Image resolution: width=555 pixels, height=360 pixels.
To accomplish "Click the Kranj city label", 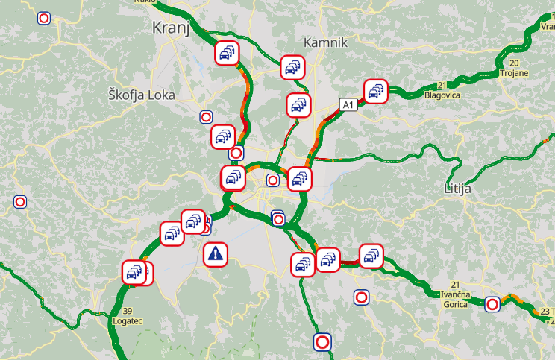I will tap(171, 28).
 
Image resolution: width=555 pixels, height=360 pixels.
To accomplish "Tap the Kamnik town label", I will tap(325, 42).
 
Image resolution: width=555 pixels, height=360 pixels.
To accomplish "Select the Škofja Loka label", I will tap(141, 95).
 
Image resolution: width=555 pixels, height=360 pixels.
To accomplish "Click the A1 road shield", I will tap(348, 105).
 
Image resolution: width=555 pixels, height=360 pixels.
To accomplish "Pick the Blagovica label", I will tap(442, 95).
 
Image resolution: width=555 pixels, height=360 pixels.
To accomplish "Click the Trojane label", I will tap(514, 73).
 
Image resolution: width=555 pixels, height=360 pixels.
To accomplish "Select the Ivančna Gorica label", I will tap(454, 299).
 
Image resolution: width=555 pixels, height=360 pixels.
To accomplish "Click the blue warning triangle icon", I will tap(216, 254).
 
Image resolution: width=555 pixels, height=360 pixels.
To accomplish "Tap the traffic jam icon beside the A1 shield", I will tap(375, 92).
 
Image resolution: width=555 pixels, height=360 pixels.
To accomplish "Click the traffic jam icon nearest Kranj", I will tap(227, 54).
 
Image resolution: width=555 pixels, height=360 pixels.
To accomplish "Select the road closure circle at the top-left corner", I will tap(45, 18).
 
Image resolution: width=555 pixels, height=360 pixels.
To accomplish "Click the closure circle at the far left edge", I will tap(21, 201).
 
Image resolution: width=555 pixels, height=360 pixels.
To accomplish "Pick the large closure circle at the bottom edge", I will tap(322, 341).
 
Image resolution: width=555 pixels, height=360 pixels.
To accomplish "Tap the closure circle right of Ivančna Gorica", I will tap(492, 303).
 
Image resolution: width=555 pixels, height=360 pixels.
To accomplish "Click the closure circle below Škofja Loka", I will tap(206, 116).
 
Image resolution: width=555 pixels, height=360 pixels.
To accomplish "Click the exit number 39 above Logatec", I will tap(128, 311).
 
